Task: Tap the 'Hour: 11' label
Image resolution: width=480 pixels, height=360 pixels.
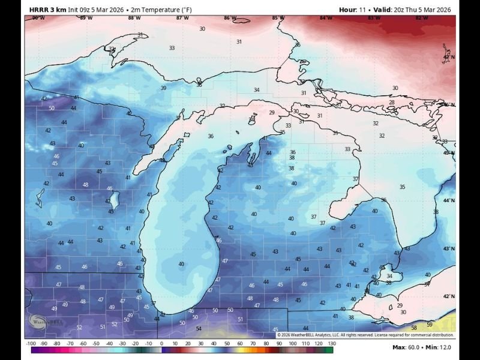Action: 352,10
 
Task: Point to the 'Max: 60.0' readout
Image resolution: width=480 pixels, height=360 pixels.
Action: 404,347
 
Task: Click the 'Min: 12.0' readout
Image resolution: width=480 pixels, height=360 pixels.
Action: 439,347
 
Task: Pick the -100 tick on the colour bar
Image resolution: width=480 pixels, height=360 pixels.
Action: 31,343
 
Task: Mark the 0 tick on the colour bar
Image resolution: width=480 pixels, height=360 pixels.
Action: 161,343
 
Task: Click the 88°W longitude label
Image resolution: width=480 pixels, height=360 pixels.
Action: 134,18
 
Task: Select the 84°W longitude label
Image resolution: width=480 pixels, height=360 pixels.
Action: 326,18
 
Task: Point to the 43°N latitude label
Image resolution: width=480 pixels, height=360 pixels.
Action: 448,248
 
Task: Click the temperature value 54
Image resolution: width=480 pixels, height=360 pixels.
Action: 199,329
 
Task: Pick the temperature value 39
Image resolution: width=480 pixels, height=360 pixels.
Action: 163,88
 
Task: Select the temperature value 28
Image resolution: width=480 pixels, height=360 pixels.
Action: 392,103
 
